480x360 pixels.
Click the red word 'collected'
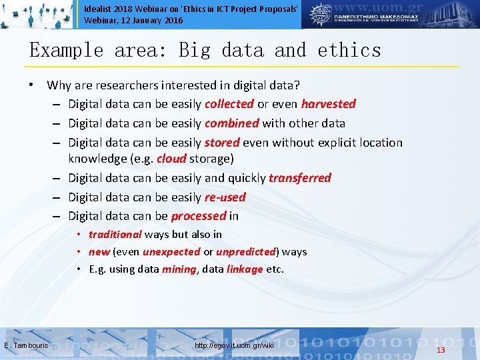pos(229,104)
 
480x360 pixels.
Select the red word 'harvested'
pos(328,104)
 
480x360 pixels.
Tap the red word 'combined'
pos(231,123)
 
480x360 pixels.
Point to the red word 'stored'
pos(222,143)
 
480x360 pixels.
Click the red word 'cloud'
pos(171,159)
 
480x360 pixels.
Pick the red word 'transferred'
pos(299,178)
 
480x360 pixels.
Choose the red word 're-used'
pos(225,197)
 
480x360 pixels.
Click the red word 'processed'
pos(198,216)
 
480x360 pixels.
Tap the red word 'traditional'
pos(115,235)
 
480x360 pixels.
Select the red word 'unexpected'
pos(171,252)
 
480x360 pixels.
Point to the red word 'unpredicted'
pos(246,252)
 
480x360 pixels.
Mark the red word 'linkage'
pos(245,269)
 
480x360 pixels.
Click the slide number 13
pos(440,351)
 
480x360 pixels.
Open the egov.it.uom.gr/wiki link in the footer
pos(234,345)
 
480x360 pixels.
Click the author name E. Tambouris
pos(26,345)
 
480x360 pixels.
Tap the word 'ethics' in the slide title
pos(349,51)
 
